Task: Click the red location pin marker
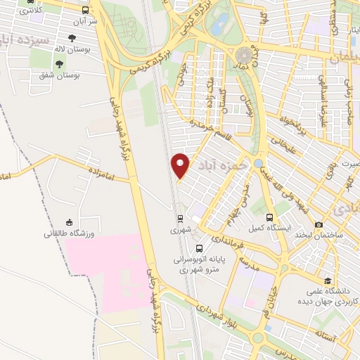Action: click(x=181, y=165)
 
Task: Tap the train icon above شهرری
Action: click(x=179, y=218)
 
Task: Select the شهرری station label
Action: click(x=179, y=230)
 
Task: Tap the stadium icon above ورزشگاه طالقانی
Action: click(x=69, y=221)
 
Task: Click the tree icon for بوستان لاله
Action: click(x=72, y=39)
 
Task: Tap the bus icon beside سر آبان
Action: click(x=86, y=11)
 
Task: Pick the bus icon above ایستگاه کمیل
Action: click(x=271, y=217)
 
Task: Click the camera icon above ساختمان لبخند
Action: click(x=319, y=224)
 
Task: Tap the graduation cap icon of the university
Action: click(x=309, y=278)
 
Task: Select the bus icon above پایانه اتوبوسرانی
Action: click(x=200, y=248)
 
